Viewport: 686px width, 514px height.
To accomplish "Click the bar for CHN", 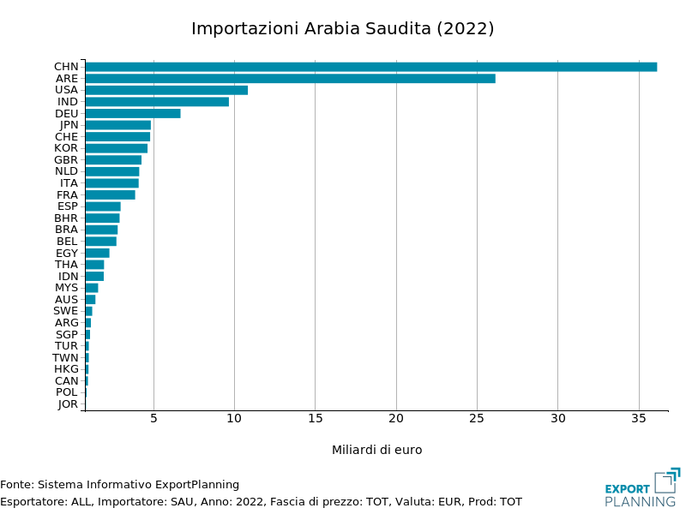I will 370,67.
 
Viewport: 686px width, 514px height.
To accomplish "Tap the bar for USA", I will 166,90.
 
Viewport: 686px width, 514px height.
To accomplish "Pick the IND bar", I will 157,102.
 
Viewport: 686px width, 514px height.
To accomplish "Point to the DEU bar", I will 133,113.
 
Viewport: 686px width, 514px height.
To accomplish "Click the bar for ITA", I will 111,183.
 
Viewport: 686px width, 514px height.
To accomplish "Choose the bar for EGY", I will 97,253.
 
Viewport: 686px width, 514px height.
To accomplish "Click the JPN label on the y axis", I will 69,125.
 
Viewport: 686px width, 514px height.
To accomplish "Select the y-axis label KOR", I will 66,148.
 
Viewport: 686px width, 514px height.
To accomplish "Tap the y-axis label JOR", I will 68,404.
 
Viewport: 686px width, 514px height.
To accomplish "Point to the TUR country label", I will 66,346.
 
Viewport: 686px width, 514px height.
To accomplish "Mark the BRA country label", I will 66,230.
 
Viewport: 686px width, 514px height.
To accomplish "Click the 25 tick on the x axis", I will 477,419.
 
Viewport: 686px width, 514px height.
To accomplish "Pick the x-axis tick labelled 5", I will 153,419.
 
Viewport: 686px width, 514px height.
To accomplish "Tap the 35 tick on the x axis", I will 639,419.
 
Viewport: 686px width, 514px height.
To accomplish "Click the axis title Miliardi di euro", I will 376,450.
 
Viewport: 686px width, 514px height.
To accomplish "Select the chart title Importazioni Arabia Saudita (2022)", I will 342,28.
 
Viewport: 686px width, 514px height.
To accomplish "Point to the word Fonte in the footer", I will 16,485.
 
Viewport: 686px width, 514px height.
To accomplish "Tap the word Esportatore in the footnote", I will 34,502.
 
